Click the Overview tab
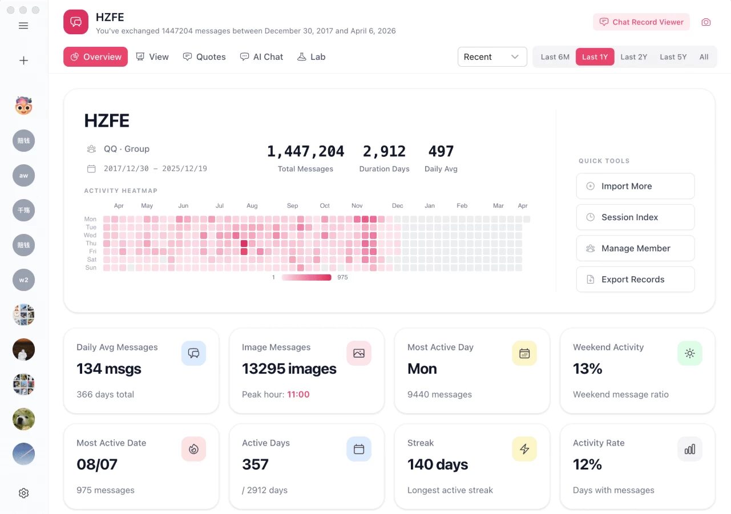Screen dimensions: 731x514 (95, 56)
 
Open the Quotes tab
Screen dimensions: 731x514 (204, 56)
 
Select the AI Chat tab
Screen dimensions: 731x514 (261, 56)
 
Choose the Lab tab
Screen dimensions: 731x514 (312, 56)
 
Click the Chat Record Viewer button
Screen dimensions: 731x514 (641, 22)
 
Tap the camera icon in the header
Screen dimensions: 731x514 (706, 22)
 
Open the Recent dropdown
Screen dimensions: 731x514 (492, 56)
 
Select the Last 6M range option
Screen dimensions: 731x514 (555, 56)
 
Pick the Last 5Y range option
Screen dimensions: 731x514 (673, 56)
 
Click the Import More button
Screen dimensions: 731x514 (635, 186)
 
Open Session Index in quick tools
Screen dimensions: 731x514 (635, 217)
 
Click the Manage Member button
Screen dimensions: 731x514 (635, 248)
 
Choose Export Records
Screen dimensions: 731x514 (635, 279)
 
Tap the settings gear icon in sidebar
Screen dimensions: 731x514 (23, 493)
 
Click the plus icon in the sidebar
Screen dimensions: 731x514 (23, 60)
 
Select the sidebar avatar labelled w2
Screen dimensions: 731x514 (23, 280)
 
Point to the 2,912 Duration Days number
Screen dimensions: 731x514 (384, 151)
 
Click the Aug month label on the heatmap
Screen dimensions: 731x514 (252, 205)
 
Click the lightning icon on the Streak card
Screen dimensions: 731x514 (524, 449)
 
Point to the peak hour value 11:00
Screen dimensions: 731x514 (298, 394)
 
